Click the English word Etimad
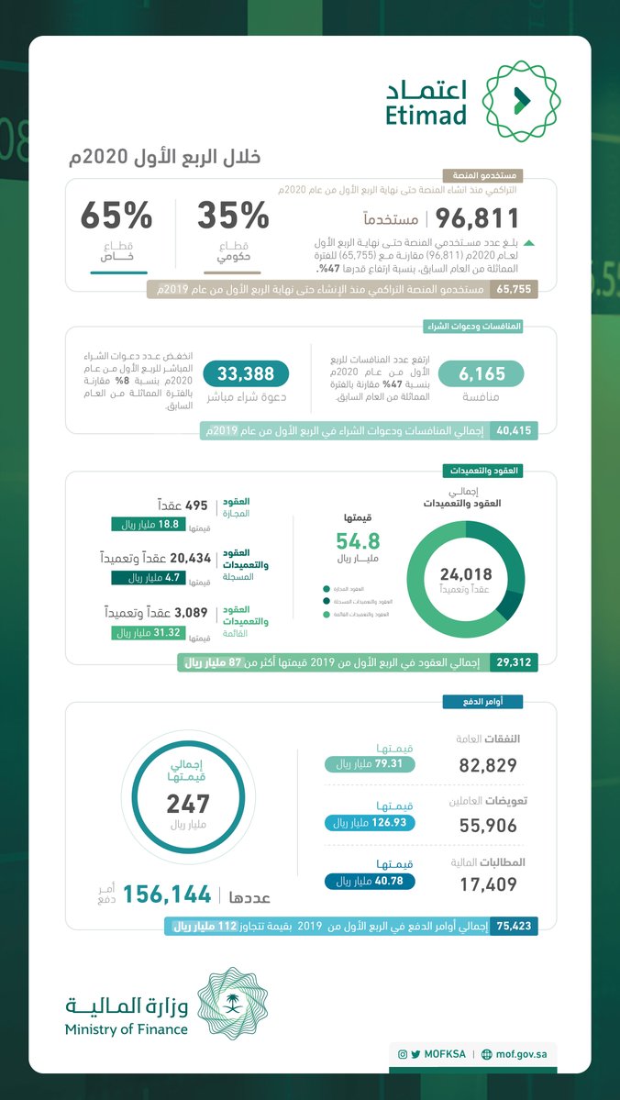[x=426, y=116]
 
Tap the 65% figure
[x=116, y=217]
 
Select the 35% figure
[x=233, y=217]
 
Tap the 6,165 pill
[x=481, y=372]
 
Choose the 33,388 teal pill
[x=245, y=372]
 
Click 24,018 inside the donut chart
[x=465, y=573]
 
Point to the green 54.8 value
[x=358, y=540]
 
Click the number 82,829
[x=487, y=765]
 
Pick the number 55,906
[x=487, y=826]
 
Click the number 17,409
[x=487, y=885]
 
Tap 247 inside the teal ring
[x=188, y=804]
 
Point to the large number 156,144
[x=167, y=894]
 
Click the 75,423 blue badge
[x=514, y=927]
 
